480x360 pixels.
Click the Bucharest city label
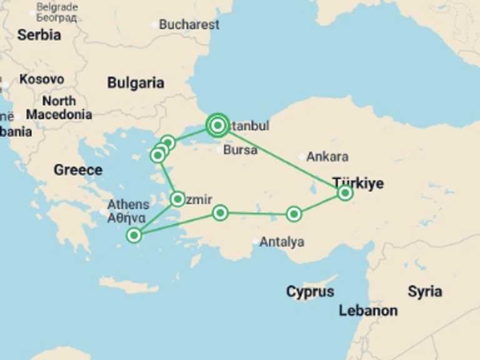point(189,25)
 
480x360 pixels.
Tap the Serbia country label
point(39,35)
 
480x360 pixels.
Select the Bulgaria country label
point(136,83)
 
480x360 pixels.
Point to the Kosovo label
point(42,79)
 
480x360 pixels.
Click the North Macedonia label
point(59,107)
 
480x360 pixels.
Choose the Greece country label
point(77,169)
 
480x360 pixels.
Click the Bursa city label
point(240,150)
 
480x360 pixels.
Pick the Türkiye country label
point(358,183)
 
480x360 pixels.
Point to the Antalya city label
point(282,242)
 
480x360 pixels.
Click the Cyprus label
point(310,292)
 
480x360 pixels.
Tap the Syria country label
point(425,291)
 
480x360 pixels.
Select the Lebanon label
point(368,311)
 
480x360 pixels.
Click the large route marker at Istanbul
point(217,126)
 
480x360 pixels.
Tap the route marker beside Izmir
point(177,199)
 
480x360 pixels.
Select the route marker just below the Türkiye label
point(345,193)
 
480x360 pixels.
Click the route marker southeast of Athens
point(134,235)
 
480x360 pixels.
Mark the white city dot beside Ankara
point(302,157)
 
